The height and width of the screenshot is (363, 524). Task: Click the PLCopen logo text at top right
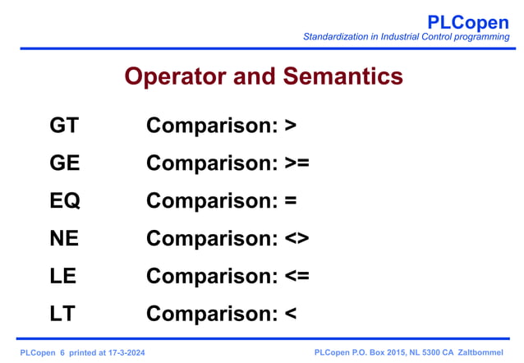468,21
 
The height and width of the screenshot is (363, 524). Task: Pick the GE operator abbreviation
64,163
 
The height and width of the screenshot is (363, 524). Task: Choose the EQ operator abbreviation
64,200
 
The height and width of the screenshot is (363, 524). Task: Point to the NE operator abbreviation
64,238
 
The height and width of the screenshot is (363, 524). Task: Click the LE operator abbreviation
62,276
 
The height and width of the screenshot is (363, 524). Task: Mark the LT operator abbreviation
62,314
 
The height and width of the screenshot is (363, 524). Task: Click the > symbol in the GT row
289,126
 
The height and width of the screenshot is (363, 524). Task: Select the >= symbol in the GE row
296,163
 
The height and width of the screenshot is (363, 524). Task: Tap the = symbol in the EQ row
289,200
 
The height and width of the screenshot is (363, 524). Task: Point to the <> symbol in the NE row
296,238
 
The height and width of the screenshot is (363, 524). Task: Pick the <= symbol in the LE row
296,276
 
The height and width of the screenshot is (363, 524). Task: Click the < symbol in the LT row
288,314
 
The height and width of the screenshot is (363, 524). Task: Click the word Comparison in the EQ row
211,200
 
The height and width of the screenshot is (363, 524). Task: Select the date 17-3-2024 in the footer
131,352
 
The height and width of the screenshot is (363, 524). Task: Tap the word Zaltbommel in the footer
483,352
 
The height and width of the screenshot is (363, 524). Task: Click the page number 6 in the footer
62,352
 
